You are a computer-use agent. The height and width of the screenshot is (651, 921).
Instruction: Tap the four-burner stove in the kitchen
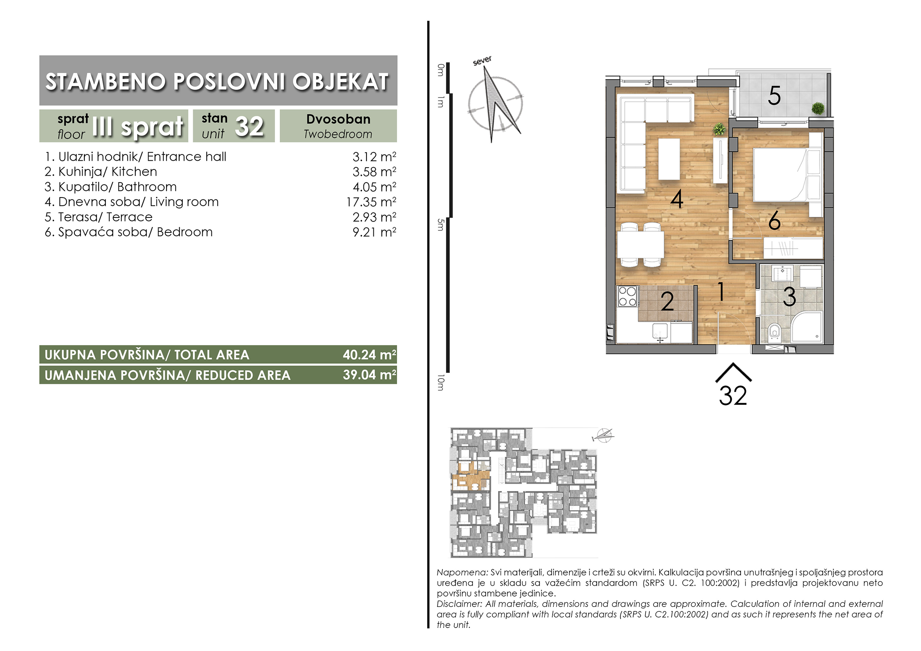pos(628,297)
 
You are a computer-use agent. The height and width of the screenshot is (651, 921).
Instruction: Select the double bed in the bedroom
pos(781,175)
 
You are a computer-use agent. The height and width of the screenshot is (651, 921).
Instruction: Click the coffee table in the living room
pos(669,159)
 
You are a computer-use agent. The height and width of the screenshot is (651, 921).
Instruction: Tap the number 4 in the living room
pos(677,199)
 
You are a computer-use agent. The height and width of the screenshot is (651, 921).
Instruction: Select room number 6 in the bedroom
pos(774,221)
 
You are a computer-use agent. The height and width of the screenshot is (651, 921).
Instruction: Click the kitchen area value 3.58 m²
pos(374,172)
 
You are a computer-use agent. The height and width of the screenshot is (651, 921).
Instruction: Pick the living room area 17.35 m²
pos(371,202)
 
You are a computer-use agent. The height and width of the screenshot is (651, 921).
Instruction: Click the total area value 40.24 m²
pos(370,354)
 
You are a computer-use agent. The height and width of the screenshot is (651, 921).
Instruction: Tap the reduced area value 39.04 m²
pos(370,375)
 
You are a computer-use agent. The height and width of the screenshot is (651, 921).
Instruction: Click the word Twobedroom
pos(338,134)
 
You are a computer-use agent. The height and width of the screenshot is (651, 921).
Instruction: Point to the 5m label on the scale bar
pos(441,225)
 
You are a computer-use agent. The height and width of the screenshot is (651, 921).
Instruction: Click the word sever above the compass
pos(482,61)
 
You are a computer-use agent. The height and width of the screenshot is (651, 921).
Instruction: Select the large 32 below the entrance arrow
pos(733,396)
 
